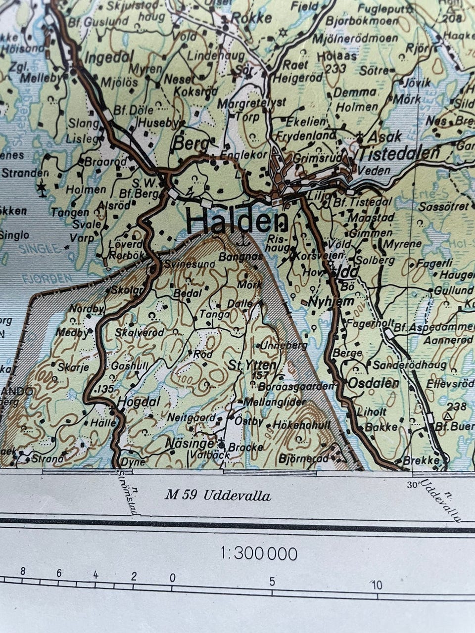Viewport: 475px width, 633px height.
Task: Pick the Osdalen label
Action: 374,383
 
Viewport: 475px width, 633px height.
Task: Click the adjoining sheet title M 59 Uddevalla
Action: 218,495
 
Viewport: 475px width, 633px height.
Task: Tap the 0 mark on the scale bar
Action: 173,578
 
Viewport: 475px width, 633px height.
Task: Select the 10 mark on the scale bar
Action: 377,586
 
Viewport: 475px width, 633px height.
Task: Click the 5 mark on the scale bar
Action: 272,582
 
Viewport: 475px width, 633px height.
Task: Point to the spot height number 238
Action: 456,407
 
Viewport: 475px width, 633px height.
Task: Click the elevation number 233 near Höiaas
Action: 336,69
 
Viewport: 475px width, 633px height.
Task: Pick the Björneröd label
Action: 303,459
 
